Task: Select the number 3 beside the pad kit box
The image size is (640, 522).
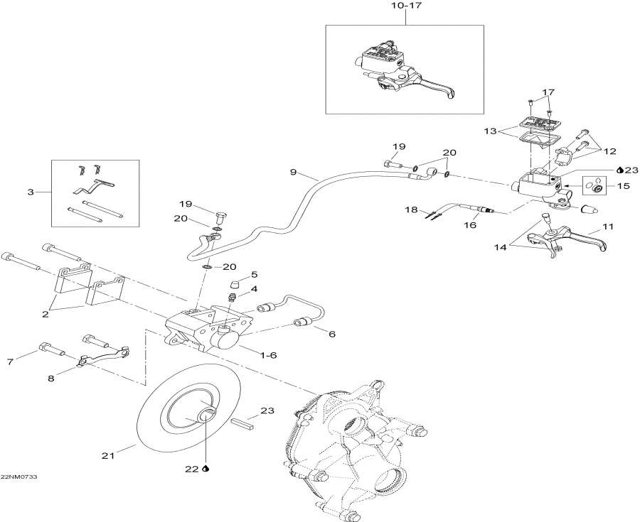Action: pos(29,192)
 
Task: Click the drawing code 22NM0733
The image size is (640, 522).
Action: pos(19,477)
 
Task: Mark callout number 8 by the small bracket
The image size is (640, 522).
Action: pos(50,379)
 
